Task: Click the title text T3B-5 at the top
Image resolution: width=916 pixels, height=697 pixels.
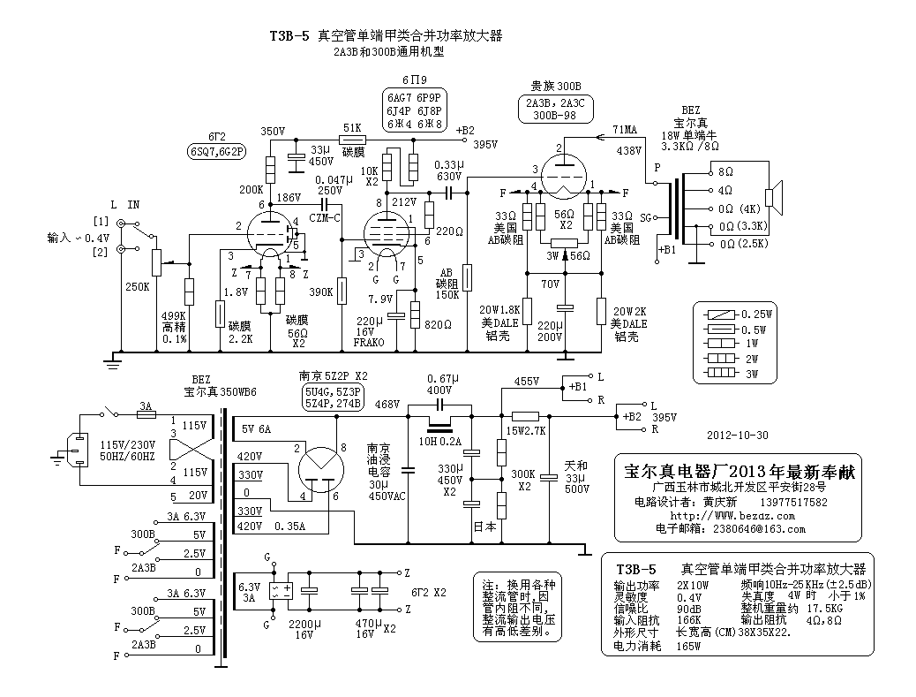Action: click(x=289, y=36)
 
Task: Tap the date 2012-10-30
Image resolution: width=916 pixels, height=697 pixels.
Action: click(x=738, y=436)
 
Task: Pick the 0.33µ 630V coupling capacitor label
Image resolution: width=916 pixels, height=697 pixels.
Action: click(x=448, y=169)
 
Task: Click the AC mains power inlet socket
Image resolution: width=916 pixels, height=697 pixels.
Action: click(x=79, y=447)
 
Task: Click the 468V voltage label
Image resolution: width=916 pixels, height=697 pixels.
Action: click(x=387, y=404)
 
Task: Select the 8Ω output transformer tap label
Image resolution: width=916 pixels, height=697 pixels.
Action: click(x=725, y=172)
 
